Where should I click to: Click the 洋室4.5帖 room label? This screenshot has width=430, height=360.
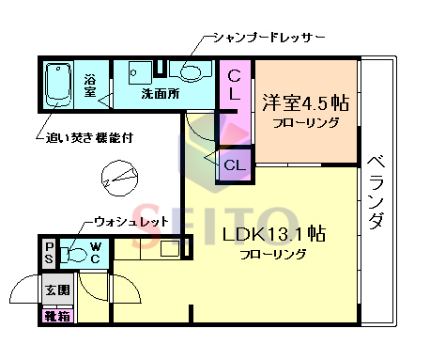click(x=305, y=102)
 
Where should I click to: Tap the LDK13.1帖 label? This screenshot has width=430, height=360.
click(x=273, y=233)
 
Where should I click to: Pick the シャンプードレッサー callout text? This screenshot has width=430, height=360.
click(x=268, y=37)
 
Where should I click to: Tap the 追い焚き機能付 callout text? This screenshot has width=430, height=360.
click(x=89, y=137)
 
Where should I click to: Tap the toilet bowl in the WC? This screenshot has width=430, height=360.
click(x=75, y=253)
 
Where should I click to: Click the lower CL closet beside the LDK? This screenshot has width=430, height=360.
click(x=234, y=165)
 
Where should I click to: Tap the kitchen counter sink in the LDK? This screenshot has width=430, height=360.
click(x=169, y=248)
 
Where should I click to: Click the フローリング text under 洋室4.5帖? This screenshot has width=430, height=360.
click(x=304, y=123)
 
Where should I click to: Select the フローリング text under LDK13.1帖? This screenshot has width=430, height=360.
click(x=272, y=255)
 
